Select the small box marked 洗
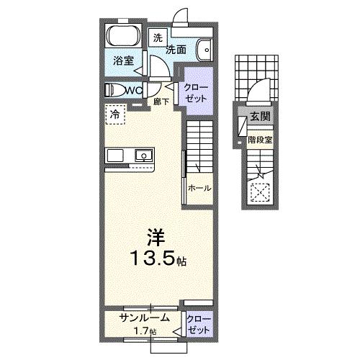[157, 37]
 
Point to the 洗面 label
[177, 50]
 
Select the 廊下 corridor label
[162, 102]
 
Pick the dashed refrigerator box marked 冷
[114, 113]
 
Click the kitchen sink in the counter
[143, 156]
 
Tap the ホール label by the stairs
[199, 188]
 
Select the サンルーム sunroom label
[144, 317]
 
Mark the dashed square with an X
[259, 192]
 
